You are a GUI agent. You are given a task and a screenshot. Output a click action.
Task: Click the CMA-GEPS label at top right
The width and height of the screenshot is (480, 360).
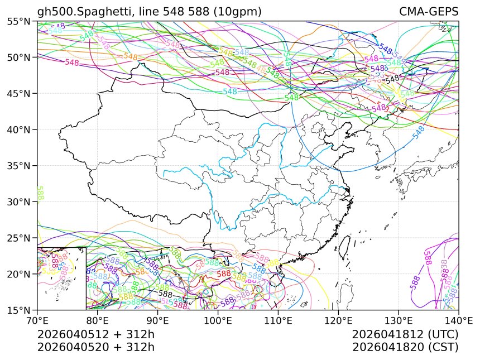point(429,12)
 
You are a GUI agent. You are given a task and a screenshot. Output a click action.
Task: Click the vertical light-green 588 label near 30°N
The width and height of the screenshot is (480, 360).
point(40,194)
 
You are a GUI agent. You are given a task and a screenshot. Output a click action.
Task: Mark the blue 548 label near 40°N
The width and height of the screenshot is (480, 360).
point(419,132)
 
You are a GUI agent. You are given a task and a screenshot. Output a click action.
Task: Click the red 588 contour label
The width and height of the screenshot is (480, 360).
point(224,273)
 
